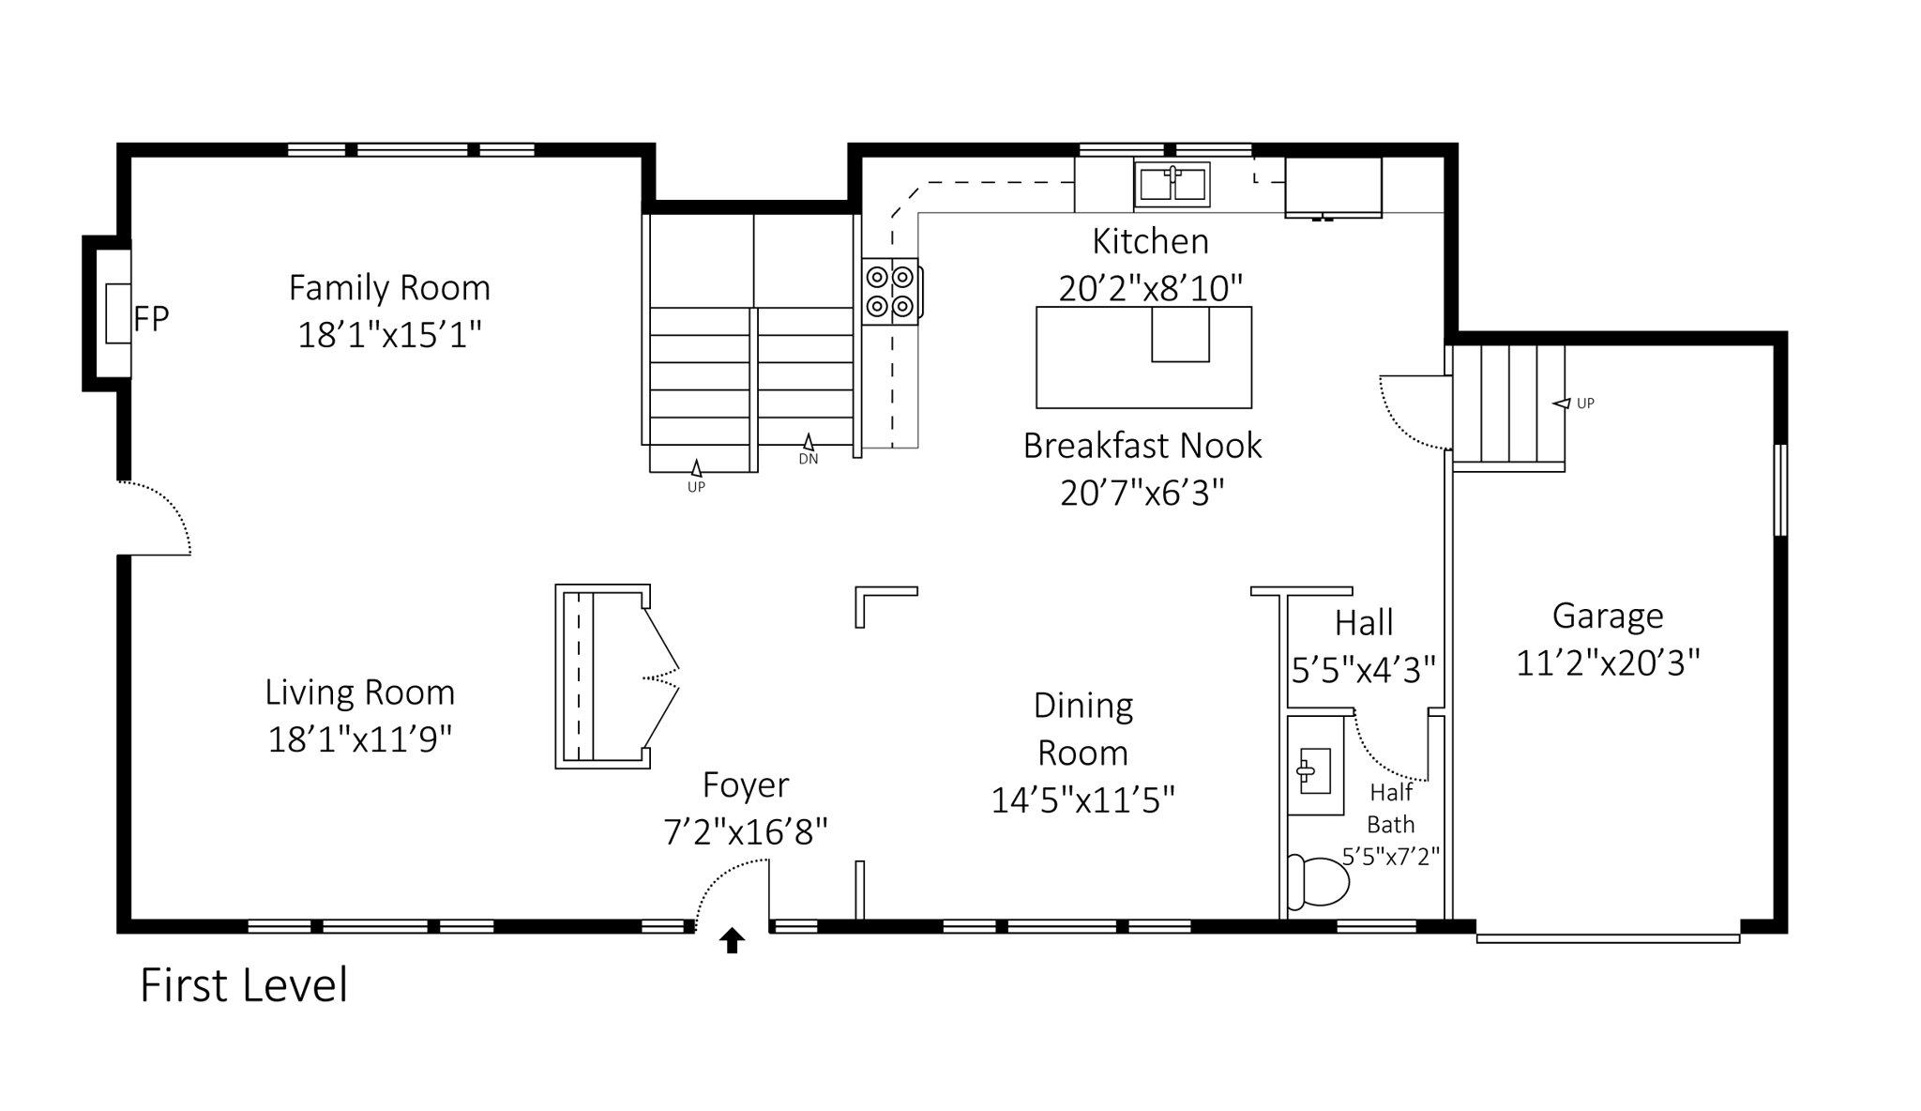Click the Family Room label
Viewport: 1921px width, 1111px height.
pos(389,287)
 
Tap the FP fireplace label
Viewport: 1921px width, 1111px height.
pos(151,319)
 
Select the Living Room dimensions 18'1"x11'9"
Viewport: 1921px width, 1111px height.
pos(360,739)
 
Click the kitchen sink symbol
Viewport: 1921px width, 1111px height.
pos(1172,184)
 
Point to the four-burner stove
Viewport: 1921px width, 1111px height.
pos(889,291)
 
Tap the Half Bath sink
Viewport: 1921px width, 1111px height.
pos(1313,771)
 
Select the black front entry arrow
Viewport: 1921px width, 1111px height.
pos(732,940)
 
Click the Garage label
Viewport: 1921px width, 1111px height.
pos(1608,616)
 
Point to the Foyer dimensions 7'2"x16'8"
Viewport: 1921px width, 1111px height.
pos(746,831)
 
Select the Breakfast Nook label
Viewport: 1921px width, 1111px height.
pos(1142,446)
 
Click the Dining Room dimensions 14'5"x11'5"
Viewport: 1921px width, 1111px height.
pos(1083,800)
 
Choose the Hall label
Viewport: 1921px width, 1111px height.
pos(1364,622)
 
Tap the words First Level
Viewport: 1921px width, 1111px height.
pos(244,985)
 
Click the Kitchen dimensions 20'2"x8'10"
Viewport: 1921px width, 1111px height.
pos(1151,288)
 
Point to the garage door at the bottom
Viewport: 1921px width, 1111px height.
pos(1608,937)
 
